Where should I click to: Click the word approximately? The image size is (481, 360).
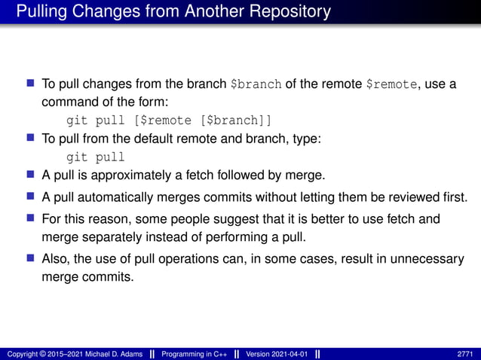pyautogui.click(x=136, y=175)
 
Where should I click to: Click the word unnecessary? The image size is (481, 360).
pyautogui.click(x=418, y=259)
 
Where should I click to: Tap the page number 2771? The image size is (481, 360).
pyautogui.click(x=466, y=354)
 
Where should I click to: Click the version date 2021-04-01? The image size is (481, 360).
pyautogui.click(x=290, y=354)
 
